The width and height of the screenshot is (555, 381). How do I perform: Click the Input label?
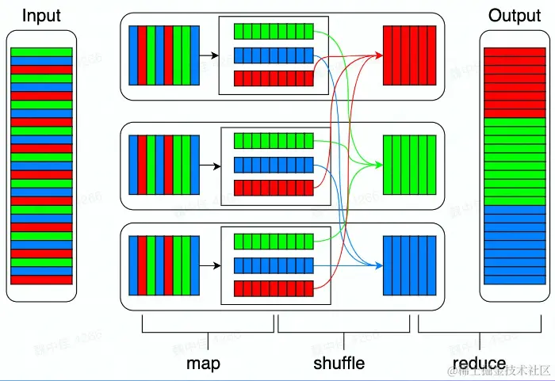[40, 15]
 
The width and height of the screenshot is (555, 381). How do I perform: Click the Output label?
[514, 15]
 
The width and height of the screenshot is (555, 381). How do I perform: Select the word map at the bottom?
[203, 363]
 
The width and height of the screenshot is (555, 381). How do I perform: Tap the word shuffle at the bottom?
[339, 363]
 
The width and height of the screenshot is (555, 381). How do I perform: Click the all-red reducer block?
[409, 55]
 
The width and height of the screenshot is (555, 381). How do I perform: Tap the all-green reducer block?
[409, 165]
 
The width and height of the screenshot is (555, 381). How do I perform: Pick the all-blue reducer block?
[409, 265]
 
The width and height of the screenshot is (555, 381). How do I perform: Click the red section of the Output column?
[514, 82]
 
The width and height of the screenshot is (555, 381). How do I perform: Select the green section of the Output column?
[514, 161]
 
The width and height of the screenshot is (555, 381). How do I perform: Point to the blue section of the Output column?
[514, 245]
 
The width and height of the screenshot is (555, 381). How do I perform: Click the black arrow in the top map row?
[209, 55]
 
